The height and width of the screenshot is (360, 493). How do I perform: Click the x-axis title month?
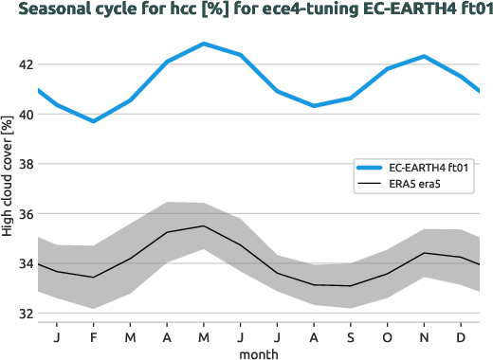(x=259, y=353)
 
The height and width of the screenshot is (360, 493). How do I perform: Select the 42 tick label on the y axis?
(x=23, y=64)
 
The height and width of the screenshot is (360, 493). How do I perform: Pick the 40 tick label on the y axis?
(x=23, y=115)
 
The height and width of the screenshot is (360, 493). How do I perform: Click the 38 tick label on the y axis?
(x=23, y=164)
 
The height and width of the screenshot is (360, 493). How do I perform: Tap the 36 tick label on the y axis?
(x=23, y=214)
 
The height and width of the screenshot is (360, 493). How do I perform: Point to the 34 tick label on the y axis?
(x=23, y=263)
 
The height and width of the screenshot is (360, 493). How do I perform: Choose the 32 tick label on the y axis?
(x=23, y=314)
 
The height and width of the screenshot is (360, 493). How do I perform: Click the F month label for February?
(x=94, y=336)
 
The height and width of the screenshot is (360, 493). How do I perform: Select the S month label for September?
(x=351, y=336)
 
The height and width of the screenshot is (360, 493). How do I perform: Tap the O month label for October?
(x=387, y=336)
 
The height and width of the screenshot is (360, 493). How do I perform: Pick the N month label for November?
(x=425, y=336)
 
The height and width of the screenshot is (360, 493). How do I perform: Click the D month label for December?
(x=461, y=336)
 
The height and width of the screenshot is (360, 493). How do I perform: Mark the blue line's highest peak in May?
(x=204, y=44)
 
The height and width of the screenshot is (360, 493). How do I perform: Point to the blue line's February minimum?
(x=93, y=121)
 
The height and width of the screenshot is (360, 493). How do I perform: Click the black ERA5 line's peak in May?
(x=204, y=226)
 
